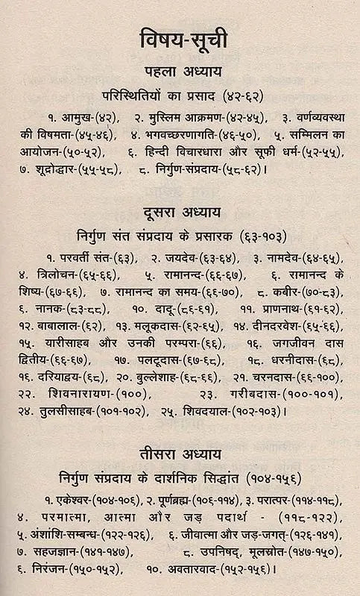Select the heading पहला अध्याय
click(180, 72)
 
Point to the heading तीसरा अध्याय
click(180, 454)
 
